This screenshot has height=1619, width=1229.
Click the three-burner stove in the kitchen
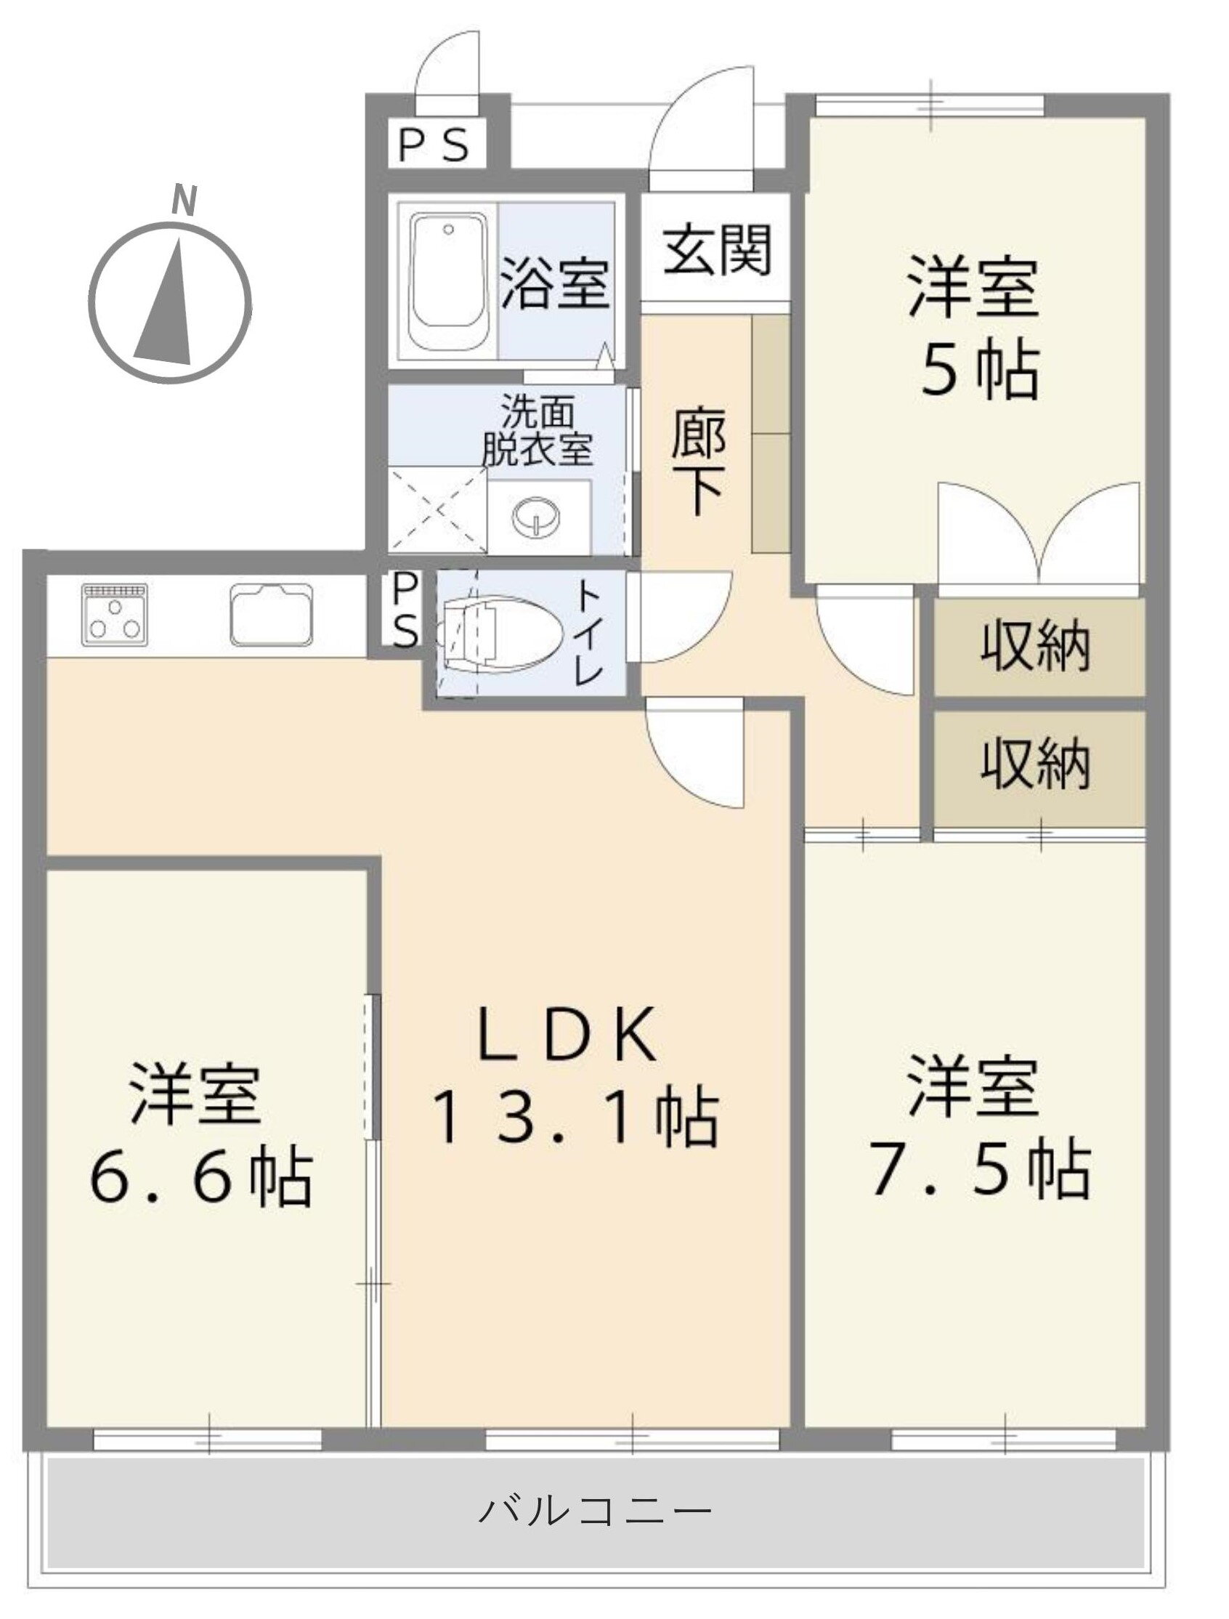114,614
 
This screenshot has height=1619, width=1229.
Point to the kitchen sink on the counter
272,614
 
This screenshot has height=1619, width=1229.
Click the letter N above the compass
185,201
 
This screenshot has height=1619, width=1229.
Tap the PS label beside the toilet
406,611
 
